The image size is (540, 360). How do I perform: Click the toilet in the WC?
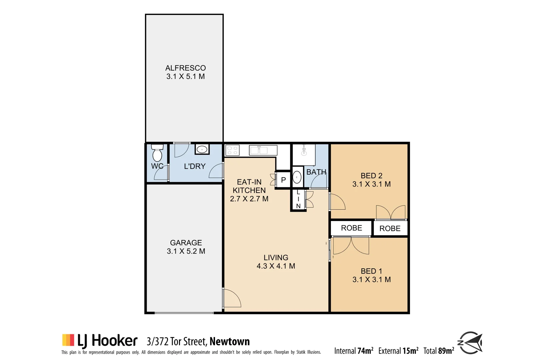pyautogui.click(x=157, y=153)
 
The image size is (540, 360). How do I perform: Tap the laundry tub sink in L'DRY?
pyautogui.click(x=202, y=150)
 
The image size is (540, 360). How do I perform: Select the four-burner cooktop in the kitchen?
pyautogui.click(x=232, y=150)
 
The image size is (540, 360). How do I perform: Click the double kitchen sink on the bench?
pyautogui.click(x=259, y=150)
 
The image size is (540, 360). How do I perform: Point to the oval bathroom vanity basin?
pyautogui.click(x=297, y=177)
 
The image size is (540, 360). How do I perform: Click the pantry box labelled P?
pyautogui.click(x=283, y=180)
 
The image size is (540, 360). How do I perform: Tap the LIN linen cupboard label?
pyautogui.click(x=298, y=199)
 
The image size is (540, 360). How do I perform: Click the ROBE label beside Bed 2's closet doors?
pyautogui.click(x=390, y=229)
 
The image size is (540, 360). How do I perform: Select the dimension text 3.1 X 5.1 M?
pyautogui.click(x=186, y=77)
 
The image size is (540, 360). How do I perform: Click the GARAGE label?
pyautogui.click(x=186, y=243)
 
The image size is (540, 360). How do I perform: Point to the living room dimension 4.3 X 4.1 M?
pyautogui.click(x=276, y=266)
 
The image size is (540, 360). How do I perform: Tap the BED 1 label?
pyautogui.click(x=371, y=271)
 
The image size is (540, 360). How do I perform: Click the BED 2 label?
pyautogui.click(x=371, y=176)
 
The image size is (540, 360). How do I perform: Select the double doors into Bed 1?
pyautogui.click(x=351, y=246)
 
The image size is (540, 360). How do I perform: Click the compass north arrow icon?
pyautogui.click(x=471, y=343)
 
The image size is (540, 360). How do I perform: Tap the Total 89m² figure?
pyautogui.click(x=439, y=351)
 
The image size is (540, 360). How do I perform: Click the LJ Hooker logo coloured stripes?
pyautogui.click(x=68, y=340)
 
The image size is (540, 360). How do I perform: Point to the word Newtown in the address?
pyautogui.click(x=230, y=342)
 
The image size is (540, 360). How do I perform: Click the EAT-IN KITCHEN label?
pyautogui.click(x=249, y=186)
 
